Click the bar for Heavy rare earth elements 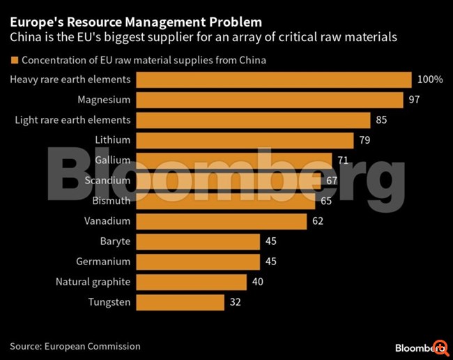pyautogui.click(x=274, y=80)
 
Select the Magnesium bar pyautogui.click(x=270, y=100)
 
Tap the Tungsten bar pyautogui.click(x=181, y=302)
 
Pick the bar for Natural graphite pyautogui.click(x=192, y=282)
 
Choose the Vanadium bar pyautogui.click(x=222, y=221)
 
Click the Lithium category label pyautogui.click(x=113, y=140)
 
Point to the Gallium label pyautogui.click(x=112, y=160)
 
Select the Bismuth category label pyautogui.click(x=112, y=201)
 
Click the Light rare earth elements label pyautogui.click(x=72, y=120)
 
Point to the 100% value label pyautogui.click(x=429, y=80)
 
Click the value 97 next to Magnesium pyautogui.click(x=414, y=100)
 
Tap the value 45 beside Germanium pyautogui.click(x=272, y=262)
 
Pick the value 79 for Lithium pyautogui.click(x=364, y=140)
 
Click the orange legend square pyautogui.click(x=14, y=60)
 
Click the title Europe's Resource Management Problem pyautogui.click(x=136, y=22)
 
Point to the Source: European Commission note pyautogui.click(x=75, y=346)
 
